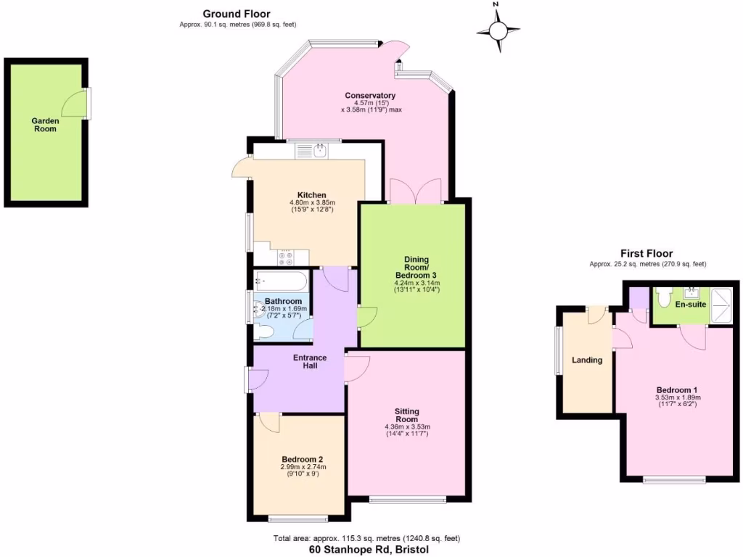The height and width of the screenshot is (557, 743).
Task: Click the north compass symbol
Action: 498,30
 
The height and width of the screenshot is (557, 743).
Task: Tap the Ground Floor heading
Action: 237,13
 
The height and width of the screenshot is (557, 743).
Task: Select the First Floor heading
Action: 646,253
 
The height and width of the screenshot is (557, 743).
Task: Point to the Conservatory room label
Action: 370,96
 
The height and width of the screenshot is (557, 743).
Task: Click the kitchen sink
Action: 312,151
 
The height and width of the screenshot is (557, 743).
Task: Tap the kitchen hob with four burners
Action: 285,257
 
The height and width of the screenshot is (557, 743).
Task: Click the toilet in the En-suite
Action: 662,297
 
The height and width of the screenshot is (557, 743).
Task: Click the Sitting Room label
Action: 407,415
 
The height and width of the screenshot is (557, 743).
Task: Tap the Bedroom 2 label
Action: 302,459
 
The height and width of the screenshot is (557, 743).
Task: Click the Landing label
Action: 587,360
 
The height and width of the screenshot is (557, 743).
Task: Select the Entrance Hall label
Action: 310,361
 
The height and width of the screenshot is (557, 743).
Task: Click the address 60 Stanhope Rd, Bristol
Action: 369,550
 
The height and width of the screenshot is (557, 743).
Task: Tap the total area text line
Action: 366,538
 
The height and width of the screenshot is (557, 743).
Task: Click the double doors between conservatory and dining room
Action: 415,191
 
